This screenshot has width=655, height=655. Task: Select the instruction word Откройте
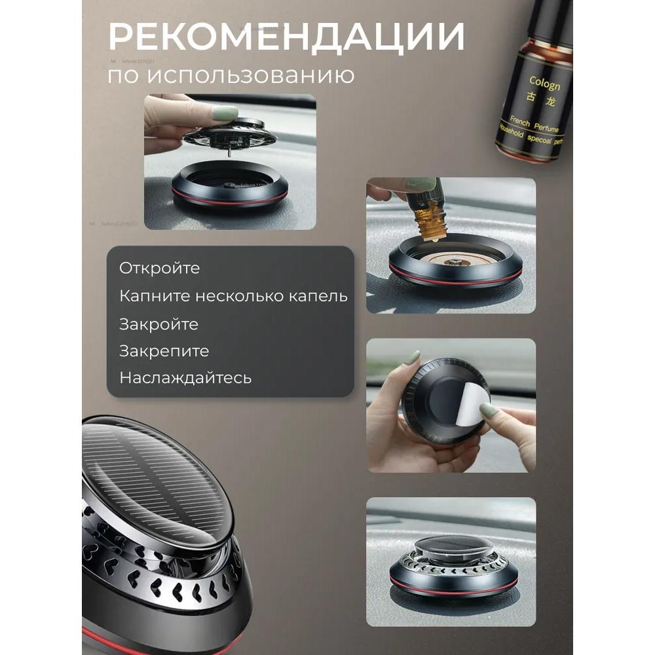click(159, 269)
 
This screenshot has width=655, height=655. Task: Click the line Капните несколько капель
click(233, 296)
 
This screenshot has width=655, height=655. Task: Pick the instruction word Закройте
click(159, 324)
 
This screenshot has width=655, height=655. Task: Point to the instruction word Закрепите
click(164, 351)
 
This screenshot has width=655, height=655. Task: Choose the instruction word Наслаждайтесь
click(185, 379)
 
